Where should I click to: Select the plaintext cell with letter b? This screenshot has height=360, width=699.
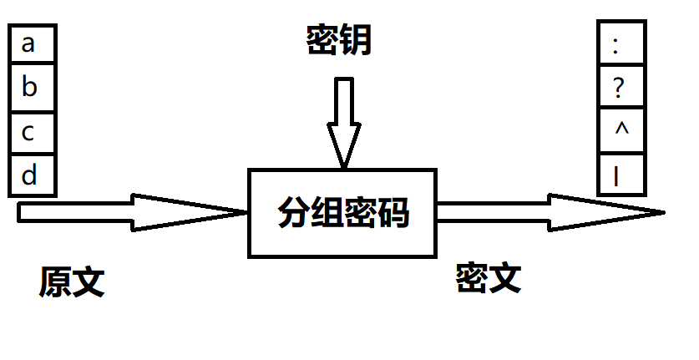(x=31, y=87)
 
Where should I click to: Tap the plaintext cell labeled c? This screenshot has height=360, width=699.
(x=31, y=132)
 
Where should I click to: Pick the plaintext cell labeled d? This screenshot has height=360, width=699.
(x=31, y=176)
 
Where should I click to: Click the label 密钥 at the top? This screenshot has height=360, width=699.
(x=338, y=39)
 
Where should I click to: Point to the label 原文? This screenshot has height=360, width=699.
(x=71, y=282)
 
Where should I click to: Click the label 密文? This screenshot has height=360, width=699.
(x=489, y=278)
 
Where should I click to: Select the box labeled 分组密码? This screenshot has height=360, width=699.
(x=342, y=213)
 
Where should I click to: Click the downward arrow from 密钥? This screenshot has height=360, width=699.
(x=343, y=121)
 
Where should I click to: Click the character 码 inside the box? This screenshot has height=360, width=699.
(x=393, y=214)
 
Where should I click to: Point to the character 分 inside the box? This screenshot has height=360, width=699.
(x=294, y=214)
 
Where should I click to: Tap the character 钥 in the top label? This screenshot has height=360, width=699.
(x=355, y=39)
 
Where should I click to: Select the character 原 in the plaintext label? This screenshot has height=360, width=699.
(x=55, y=282)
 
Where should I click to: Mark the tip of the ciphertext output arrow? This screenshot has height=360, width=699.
(x=662, y=212)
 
